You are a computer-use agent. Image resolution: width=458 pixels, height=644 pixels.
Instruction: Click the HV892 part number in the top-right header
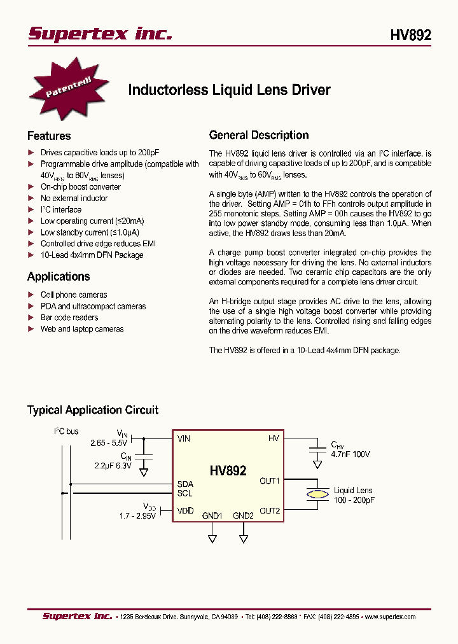(410, 35)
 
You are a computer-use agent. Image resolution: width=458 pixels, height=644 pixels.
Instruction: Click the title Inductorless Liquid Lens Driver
(229, 90)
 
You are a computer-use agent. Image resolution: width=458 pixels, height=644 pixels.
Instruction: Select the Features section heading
(49, 136)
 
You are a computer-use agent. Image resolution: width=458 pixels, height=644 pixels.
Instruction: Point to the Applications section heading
(59, 276)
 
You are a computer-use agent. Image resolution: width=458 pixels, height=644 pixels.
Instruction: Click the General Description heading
(259, 135)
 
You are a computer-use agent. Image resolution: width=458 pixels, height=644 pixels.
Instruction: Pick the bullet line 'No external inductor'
(74, 198)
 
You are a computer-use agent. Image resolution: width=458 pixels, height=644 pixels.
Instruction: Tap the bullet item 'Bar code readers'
(69, 318)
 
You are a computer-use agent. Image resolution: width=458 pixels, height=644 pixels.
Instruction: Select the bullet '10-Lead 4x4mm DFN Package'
(92, 255)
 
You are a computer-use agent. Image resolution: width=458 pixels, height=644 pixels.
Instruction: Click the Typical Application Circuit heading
(93, 410)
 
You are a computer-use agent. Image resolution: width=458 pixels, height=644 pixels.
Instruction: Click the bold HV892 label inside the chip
(228, 472)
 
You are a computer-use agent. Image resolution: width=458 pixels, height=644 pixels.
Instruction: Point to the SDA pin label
(184, 484)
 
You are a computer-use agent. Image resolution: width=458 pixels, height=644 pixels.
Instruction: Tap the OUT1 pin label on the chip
(270, 480)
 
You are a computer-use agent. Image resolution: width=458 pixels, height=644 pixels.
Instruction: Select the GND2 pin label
(243, 515)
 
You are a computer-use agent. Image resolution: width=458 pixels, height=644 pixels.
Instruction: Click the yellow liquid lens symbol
(316, 494)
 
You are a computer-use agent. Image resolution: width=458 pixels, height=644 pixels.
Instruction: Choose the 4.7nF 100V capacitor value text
(350, 454)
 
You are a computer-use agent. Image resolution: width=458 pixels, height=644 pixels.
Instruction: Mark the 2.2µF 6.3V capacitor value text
(113, 466)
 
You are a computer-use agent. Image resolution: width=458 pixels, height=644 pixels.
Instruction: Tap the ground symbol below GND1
(212, 538)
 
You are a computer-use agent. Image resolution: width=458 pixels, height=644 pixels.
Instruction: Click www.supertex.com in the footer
(390, 617)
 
